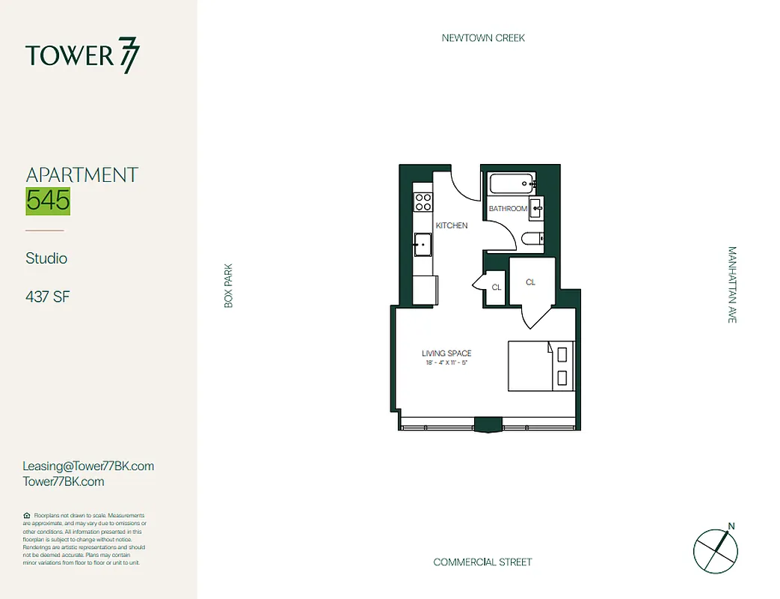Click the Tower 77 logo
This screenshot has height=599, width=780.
[x=82, y=57]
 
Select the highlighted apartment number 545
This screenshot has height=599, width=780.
[x=48, y=200]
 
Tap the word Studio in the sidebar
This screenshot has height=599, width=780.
[x=46, y=258]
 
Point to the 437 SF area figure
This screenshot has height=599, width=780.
[x=48, y=297]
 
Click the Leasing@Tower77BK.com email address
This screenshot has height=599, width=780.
[x=88, y=466]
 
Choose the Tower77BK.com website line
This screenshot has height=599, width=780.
[x=64, y=481]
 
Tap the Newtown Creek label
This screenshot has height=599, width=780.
[x=483, y=37]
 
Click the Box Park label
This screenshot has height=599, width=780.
[x=229, y=285]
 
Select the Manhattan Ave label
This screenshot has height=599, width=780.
[x=732, y=285]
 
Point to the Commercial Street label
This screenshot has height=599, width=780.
[x=482, y=562]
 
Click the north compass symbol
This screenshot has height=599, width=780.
[x=716, y=550]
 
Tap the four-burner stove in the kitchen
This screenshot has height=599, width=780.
[x=423, y=202]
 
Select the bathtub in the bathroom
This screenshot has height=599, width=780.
[x=511, y=183]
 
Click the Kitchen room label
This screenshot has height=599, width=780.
[x=452, y=225]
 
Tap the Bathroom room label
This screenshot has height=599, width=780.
[x=508, y=208]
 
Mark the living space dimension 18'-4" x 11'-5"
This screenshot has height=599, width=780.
[x=446, y=362]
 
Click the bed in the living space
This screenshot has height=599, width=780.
[x=541, y=365]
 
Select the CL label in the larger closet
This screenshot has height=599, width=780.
[x=531, y=282]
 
